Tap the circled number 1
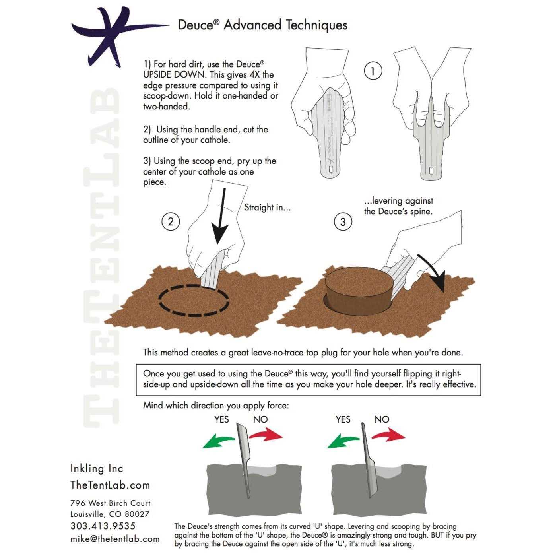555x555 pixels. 373,71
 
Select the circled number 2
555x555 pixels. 171,221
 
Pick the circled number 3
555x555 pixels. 343,221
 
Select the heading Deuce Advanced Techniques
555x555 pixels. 262,25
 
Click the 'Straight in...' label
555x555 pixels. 267,207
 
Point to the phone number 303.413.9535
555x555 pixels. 103,526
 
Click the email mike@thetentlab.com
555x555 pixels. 115,539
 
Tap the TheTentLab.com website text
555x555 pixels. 110,485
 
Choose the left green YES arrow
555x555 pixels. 218,442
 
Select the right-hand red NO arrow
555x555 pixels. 388,435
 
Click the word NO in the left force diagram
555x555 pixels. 260,419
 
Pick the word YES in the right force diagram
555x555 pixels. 343,419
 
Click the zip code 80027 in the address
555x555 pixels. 137,514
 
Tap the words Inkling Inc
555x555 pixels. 97,468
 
